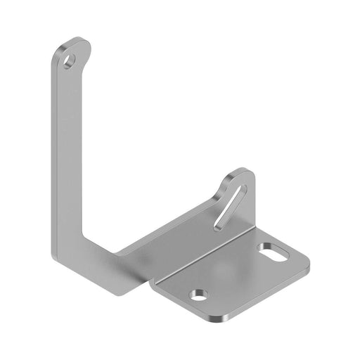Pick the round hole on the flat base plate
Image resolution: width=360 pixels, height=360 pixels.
tap(200, 295)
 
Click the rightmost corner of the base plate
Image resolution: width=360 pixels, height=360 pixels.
tap(309, 266)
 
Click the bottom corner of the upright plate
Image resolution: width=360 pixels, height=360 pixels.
tap(134, 292)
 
